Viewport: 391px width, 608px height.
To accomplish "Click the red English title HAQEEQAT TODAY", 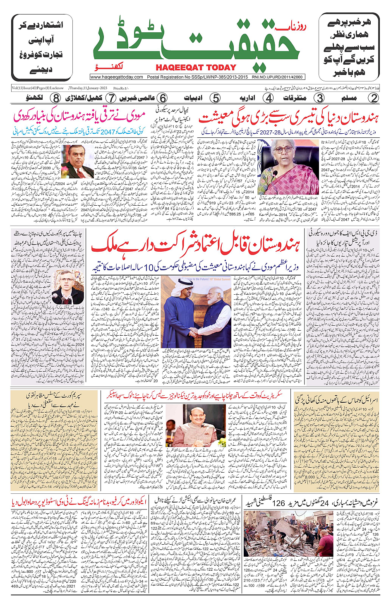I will click(x=196, y=67).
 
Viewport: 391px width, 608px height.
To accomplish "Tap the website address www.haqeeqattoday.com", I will click(x=117, y=77).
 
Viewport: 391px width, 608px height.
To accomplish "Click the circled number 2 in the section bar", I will click(x=374, y=98).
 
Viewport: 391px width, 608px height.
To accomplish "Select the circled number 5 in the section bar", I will click(x=215, y=98).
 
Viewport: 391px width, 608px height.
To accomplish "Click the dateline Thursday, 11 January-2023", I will click(x=88, y=88).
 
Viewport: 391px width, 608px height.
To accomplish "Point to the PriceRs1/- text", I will click(x=121, y=88).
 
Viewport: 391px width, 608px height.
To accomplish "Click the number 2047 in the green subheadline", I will click(x=108, y=131).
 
